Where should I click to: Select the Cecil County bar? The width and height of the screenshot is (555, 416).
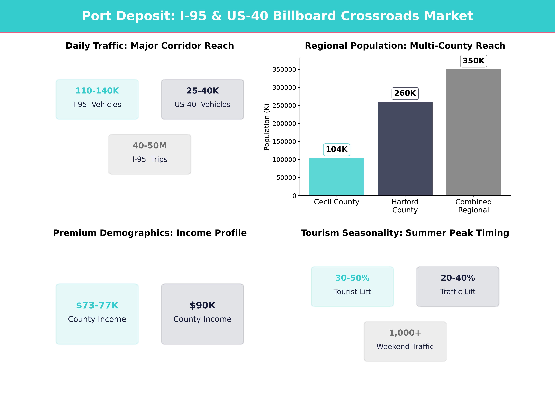point(336,177)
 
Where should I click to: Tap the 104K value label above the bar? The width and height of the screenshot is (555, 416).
point(336,149)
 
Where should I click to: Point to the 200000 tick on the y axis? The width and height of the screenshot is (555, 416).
point(284,124)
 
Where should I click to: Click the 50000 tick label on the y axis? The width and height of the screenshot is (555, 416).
point(286,178)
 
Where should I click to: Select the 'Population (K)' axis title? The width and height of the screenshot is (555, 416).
point(267,127)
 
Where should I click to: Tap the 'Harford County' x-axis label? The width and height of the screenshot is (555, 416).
point(405,206)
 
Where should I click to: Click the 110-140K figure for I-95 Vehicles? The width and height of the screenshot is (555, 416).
point(97,91)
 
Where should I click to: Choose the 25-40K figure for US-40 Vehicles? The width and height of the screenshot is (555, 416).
point(202,91)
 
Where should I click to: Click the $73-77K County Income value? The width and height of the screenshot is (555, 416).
point(97,305)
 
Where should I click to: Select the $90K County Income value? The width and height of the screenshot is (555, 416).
point(202,305)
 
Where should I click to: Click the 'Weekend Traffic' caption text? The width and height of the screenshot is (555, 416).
point(405,347)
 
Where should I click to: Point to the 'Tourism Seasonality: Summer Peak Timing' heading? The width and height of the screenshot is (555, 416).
point(405,233)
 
